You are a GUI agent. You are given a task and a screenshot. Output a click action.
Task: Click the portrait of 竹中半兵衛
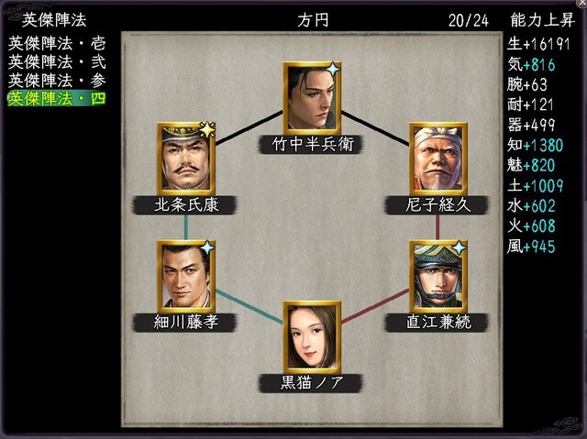[x=312, y=98]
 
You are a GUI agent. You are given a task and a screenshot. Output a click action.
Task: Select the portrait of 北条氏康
[x=186, y=159]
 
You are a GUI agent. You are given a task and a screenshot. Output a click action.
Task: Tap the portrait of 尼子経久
[x=438, y=159]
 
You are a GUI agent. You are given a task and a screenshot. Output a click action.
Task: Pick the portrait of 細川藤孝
[x=186, y=277]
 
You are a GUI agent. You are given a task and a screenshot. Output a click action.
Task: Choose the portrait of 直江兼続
[x=438, y=277]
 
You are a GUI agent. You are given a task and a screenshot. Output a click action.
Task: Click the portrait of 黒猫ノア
[x=312, y=337]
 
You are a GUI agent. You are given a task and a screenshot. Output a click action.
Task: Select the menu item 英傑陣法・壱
[x=57, y=44]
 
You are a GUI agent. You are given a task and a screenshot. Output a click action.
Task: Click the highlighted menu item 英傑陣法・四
[x=57, y=99]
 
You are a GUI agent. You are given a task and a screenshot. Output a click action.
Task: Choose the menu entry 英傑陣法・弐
[x=57, y=62]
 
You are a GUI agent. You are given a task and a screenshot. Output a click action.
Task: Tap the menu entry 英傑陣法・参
[x=57, y=81]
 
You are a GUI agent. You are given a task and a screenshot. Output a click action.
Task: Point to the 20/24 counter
[x=469, y=20]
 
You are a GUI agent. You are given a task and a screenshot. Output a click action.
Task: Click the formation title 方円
[x=313, y=20]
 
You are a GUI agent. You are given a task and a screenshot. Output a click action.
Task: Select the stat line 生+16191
[x=538, y=44]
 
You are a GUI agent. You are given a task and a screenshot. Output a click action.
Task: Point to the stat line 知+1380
[x=535, y=145]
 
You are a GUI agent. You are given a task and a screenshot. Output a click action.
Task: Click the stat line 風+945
[x=531, y=247]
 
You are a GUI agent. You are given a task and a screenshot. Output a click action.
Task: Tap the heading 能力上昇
[x=542, y=20]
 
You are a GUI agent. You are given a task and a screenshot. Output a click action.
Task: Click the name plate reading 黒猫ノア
[x=312, y=383]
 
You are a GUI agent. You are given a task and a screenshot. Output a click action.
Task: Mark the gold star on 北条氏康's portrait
[x=207, y=129]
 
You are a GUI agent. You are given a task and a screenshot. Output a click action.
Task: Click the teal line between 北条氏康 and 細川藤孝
[x=186, y=227]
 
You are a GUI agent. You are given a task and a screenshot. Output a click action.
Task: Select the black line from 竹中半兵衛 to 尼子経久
[x=375, y=128]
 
